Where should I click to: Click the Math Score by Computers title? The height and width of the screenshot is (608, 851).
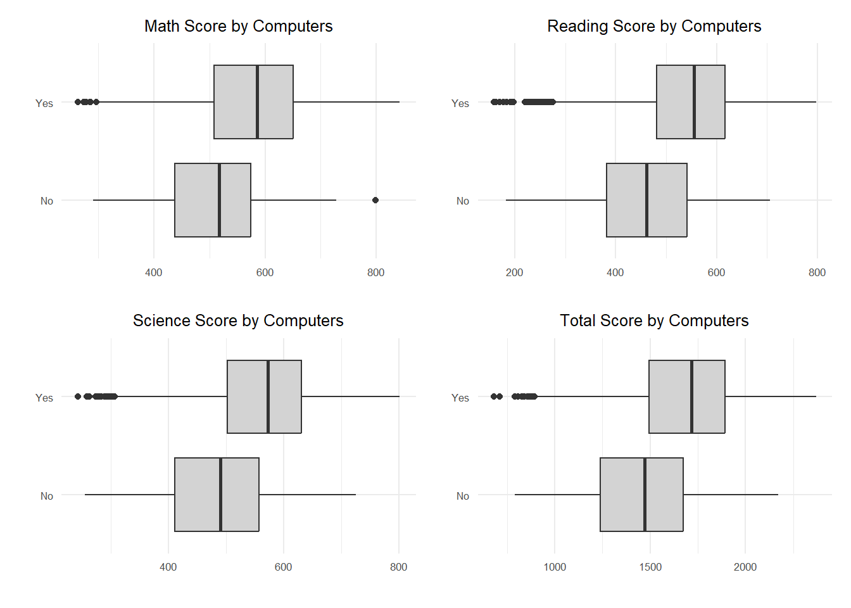(238, 26)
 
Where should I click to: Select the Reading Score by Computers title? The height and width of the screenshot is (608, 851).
(654, 26)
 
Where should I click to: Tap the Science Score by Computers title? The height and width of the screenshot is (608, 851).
(238, 320)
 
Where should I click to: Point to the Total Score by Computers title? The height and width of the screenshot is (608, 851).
(654, 320)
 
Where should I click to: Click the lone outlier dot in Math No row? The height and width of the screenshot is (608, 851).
(375, 200)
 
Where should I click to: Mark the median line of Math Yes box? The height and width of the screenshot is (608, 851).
(257, 102)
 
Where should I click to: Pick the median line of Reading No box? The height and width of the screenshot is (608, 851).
(646, 200)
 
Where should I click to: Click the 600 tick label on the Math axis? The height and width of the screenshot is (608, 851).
(265, 272)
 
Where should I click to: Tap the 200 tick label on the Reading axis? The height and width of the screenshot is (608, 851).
(514, 272)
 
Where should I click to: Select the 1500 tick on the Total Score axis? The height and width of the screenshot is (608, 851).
(650, 567)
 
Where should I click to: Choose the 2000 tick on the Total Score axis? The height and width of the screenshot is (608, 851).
(745, 567)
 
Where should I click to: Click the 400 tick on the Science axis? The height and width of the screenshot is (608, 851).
(168, 567)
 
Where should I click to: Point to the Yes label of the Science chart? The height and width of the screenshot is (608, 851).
(44, 398)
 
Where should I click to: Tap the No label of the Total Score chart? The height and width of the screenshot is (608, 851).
(463, 496)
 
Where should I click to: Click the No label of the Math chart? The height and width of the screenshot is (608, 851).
(47, 201)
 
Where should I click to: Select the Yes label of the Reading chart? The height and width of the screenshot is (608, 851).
(460, 103)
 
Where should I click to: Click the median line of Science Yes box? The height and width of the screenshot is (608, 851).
(268, 396)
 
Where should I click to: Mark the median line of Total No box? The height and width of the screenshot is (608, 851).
(645, 495)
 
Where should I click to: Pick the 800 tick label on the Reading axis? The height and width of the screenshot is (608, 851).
(817, 272)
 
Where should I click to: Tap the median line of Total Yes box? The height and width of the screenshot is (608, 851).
(691, 396)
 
